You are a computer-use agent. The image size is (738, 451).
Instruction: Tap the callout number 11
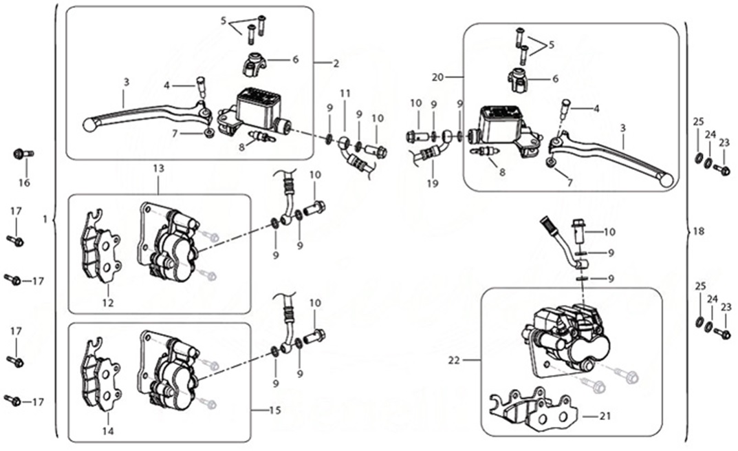pos(345,93)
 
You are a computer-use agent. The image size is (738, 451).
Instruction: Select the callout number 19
pos(432,183)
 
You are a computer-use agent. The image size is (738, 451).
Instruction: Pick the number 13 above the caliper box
pos(159,169)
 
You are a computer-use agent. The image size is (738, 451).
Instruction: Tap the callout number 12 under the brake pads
pos(108,302)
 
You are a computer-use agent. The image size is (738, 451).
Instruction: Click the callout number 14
pos(108,432)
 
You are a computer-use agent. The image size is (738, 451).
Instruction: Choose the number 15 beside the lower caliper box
pos(274,411)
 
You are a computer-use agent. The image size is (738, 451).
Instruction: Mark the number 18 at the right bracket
pos(699,233)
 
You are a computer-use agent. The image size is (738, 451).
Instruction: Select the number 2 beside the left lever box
pos(336,64)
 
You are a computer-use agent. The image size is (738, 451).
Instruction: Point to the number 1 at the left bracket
pos(44,219)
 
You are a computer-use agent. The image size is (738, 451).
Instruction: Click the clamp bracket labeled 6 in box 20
pos(517,81)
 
